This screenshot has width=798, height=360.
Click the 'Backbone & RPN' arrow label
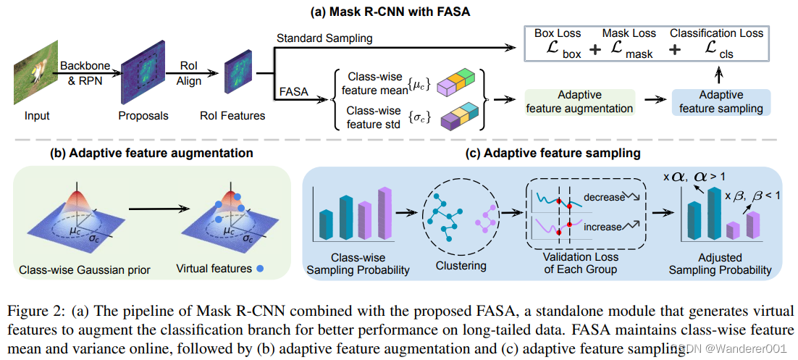(x=85, y=72)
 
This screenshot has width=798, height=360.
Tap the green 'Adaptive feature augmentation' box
(x=580, y=102)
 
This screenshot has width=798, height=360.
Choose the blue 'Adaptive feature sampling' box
(x=721, y=102)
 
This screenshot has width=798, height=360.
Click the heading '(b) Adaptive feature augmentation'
(x=151, y=153)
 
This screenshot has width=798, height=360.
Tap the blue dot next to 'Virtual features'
(x=259, y=269)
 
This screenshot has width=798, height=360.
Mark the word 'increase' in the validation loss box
(x=602, y=227)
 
